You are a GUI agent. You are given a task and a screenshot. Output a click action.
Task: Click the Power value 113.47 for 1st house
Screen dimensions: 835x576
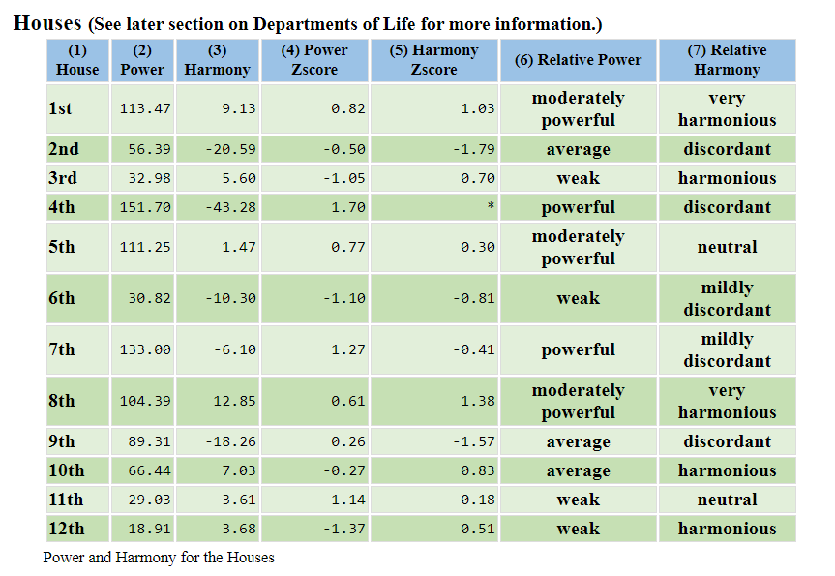pyautogui.click(x=145, y=108)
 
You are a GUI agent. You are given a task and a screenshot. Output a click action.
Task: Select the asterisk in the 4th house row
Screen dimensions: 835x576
pyautogui.click(x=491, y=206)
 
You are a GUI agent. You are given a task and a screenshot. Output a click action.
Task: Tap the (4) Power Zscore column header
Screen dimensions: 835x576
pyautogui.click(x=314, y=60)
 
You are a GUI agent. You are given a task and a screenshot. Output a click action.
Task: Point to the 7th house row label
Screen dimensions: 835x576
pyautogui.click(x=62, y=349)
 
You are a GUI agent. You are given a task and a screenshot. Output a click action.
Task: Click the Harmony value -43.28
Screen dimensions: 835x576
pyautogui.click(x=230, y=207)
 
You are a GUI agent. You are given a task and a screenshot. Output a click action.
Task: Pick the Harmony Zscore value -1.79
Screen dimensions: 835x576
pyautogui.click(x=473, y=149)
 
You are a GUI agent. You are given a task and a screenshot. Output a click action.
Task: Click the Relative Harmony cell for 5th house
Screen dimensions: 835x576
pyautogui.click(x=727, y=247)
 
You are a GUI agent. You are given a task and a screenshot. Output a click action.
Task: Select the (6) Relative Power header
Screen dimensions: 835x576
pyautogui.click(x=578, y=60)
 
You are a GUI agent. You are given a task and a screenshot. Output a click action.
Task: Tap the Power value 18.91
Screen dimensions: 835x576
pyautogui.click(x=149, y=529)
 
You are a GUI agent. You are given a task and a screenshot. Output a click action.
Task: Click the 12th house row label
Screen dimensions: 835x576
pyautogui.click(x=67, y=529)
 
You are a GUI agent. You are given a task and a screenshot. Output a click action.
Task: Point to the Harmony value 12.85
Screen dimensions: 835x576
pyautogui.click(x=234, y=401)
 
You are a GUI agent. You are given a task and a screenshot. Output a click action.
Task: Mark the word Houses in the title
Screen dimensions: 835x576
pyautogui.click(x=47, y=23)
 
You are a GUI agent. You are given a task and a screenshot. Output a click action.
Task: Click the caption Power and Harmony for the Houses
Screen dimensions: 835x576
pyautogui.click(x=159, y=558)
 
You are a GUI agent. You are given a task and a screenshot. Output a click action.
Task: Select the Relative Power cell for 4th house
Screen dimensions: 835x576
pyautogui.click(x=578, y=207)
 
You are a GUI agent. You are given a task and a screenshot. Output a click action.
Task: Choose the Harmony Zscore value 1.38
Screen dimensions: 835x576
pyautogui.click(x=478, y=401)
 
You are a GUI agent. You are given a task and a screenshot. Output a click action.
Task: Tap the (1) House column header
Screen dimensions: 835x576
pyautogui.click(x=77, y=60)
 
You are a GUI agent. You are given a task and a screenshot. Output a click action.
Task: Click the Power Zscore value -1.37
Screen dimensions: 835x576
pyautogui.click(x=343, y=529)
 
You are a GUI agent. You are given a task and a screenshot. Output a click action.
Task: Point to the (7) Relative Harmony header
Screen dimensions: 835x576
pyautogui.click(x=727, y=60)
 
